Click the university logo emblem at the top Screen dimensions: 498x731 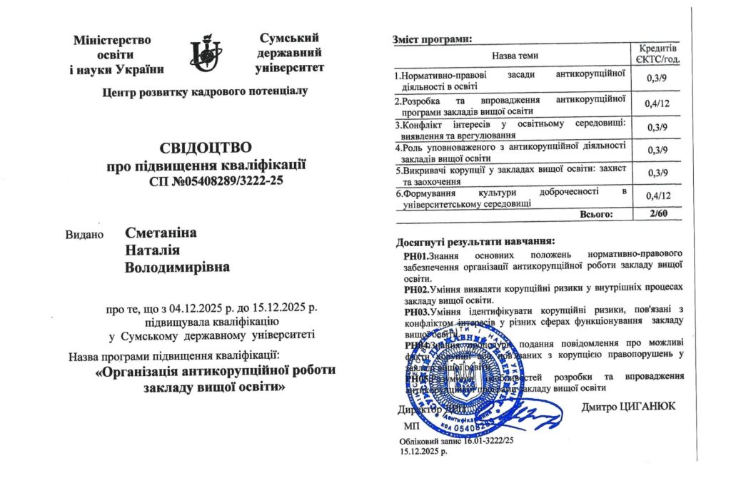[x=206, y=54]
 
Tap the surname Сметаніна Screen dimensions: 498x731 [x=161, y=233]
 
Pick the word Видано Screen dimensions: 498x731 [x=85, y=234]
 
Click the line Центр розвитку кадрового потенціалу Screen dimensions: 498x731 [x=206, y=91]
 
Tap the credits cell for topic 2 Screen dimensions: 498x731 [x=655, y=103]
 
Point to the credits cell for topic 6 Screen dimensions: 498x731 [x=655, y=195]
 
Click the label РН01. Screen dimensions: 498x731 [x=416, y=255]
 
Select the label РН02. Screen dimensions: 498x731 [x=416, y=289]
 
